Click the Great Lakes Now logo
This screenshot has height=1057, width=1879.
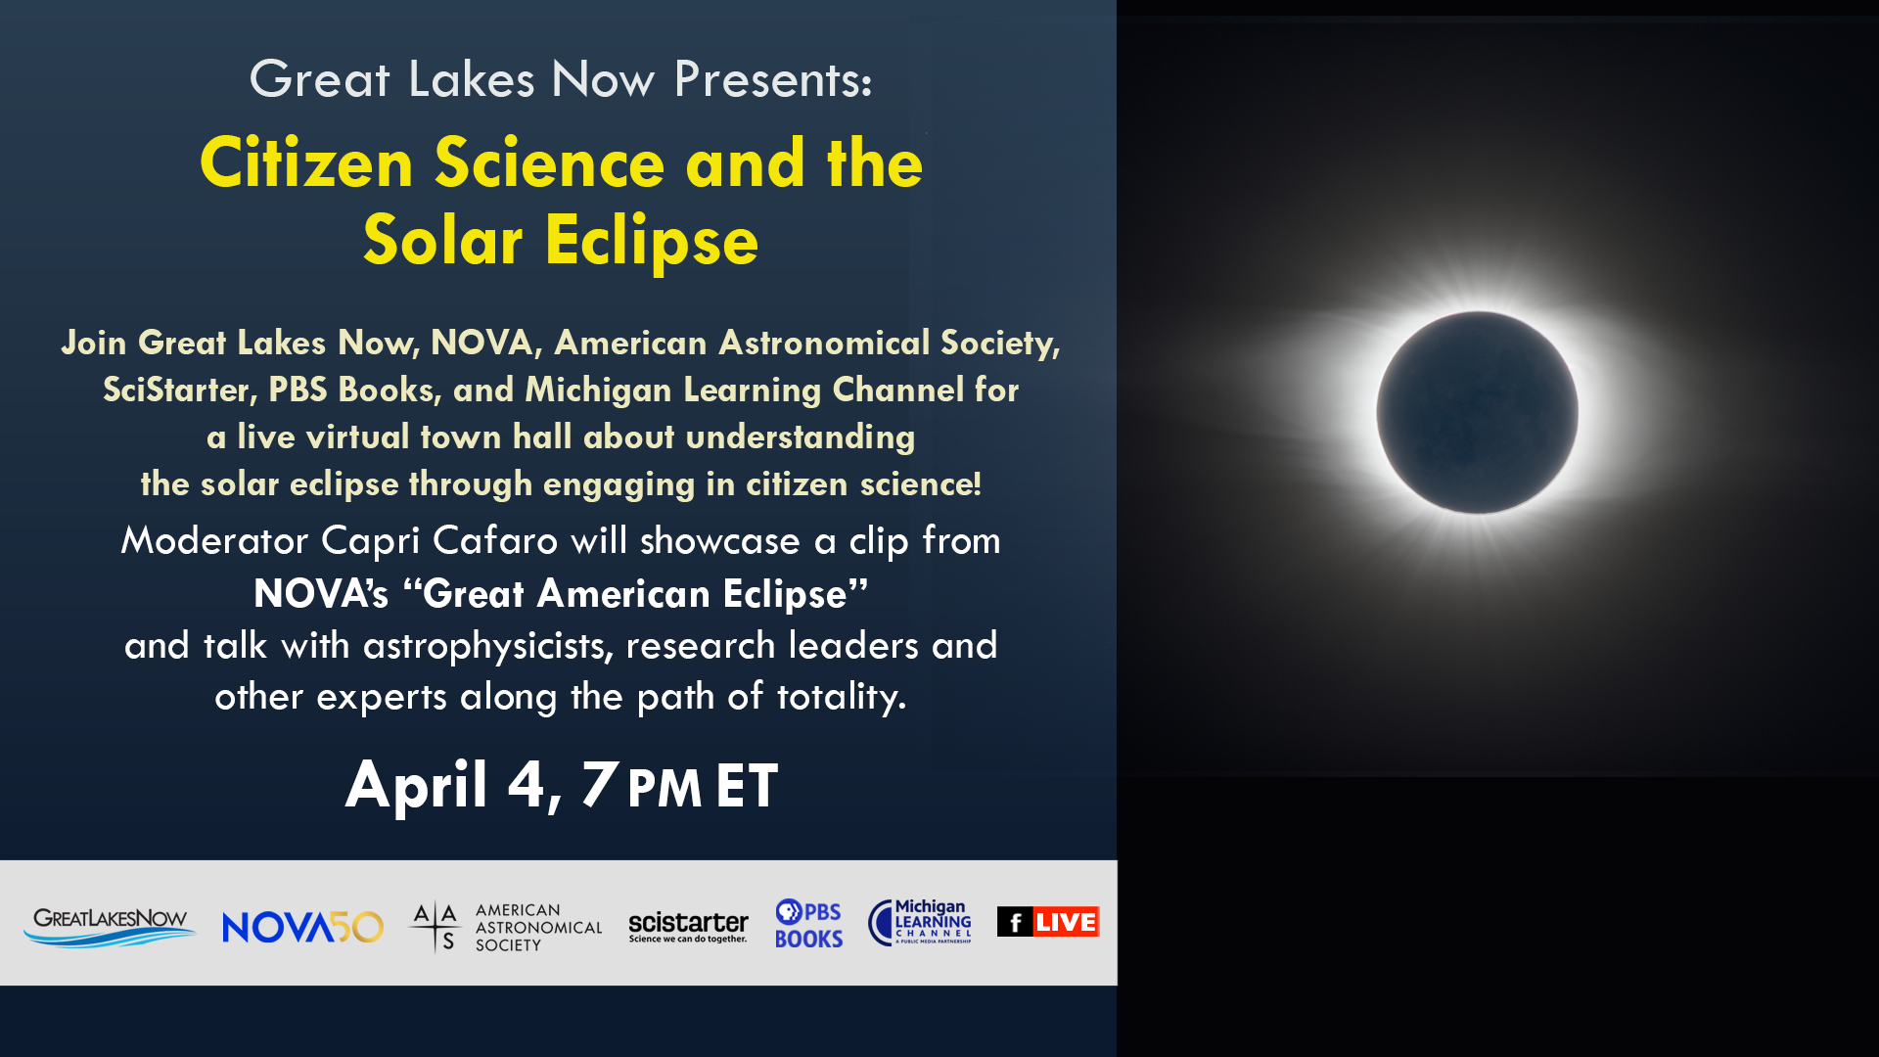tap(110, 927)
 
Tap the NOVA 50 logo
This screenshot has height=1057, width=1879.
tap(302, 927)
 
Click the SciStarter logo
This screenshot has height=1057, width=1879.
tap(688, 927)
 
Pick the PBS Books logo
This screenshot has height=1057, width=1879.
tap(808, 924)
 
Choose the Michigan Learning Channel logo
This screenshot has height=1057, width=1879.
tap(919, 922)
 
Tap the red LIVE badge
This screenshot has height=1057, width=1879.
tap(1066, 922)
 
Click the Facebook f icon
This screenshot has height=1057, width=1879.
tap(1015, 922)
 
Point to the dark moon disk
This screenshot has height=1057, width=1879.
tap(1477, 412)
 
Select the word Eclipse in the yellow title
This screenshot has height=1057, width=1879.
tap(652, 242)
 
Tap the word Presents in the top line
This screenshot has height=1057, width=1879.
tap(772, 79)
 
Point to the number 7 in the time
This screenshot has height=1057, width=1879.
tap(599, 784)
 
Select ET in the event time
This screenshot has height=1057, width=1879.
tap(747, 785)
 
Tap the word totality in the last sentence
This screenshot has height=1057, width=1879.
tap(841, 697)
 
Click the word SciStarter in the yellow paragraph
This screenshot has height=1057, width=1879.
tap(179, 391)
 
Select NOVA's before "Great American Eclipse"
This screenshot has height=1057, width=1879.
tap(321, 594)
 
